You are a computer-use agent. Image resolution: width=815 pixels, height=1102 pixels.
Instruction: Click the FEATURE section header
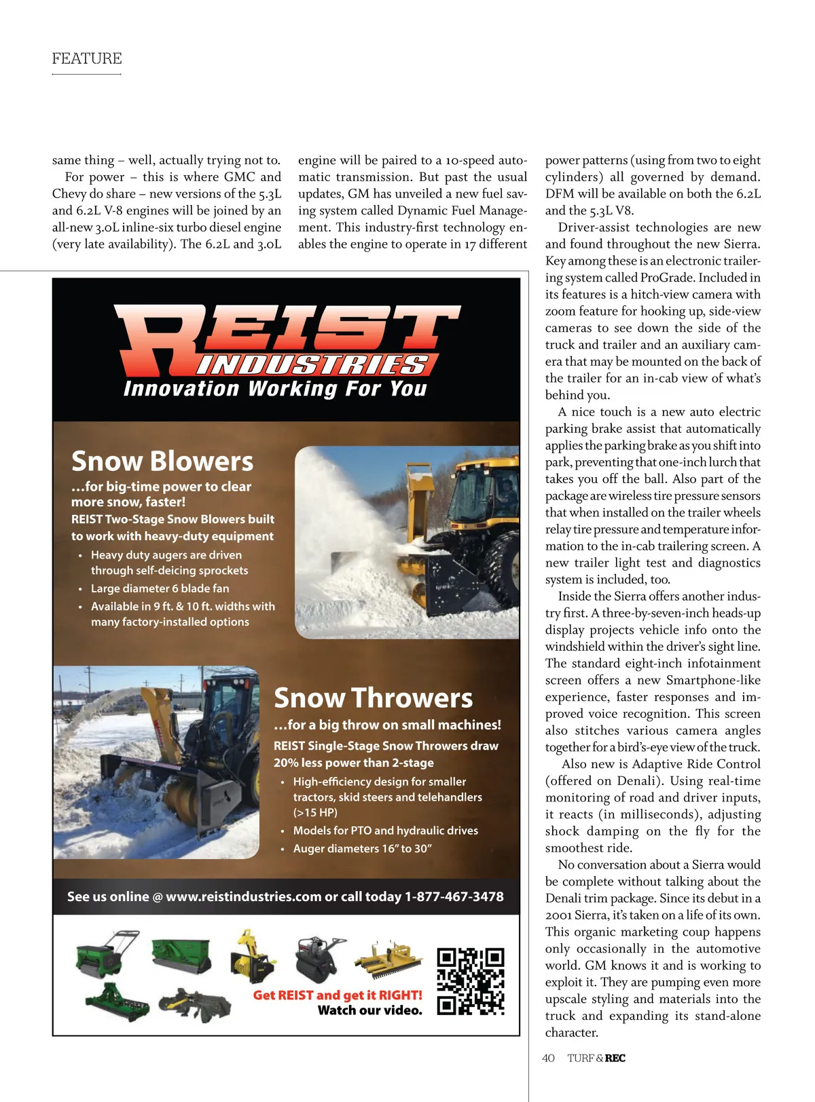pyautogui.click(x=87, y=58)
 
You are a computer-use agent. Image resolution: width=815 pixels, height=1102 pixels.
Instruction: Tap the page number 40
pyautogui.click(x=548, y=1058)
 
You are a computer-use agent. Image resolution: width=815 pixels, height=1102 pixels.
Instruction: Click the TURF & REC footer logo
pyautogui.click(x=596, y=1058)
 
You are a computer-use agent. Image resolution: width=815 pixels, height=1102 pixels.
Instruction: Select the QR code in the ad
pyautogui.click(x=471, y=981)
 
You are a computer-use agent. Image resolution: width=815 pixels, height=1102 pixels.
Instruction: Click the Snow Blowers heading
pyautogui.click(x=162, y=461)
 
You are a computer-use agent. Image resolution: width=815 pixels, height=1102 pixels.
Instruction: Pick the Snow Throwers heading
pyautogui.click(x=373, y=698)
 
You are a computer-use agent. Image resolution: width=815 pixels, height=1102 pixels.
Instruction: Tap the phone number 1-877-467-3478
pyautogui.click(x=454, y=896)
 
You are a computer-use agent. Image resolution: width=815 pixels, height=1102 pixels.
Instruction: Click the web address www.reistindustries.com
pyautogui.click(x=243, y=896)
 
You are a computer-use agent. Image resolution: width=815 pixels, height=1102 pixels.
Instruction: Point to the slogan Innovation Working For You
pyautogui.click(x=275, y=389)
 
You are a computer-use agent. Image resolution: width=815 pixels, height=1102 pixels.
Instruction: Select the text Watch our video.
pyautogui.click(x=369, y=1010)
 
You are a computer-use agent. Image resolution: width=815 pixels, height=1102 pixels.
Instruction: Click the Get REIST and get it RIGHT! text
pyautogui.click(x=338, y=995)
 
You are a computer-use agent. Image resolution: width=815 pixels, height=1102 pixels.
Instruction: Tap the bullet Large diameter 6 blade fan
pyautogui.click(x=160, y=588)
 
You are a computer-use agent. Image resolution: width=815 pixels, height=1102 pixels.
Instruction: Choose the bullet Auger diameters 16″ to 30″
pyautogui.click(x=363, y=848)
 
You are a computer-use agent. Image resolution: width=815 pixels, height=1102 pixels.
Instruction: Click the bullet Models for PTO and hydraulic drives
pyautogui.click(x=386, y=831)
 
